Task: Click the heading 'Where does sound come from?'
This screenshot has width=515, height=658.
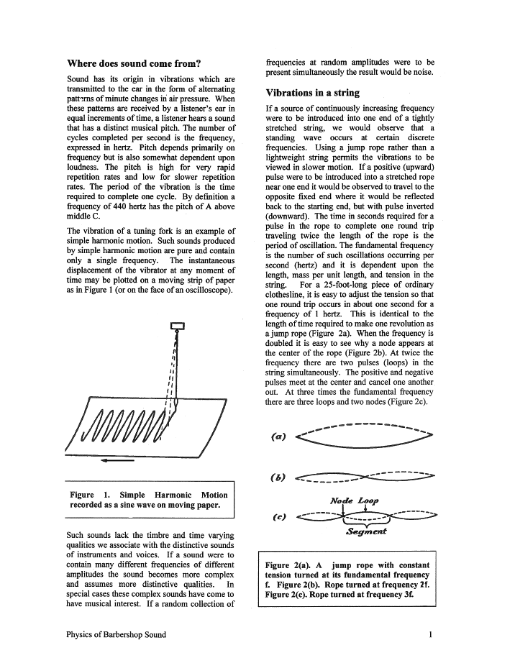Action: pos(133,63)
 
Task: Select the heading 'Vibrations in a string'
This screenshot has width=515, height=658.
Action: pos(312,93)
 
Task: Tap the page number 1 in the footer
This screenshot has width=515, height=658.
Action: pos(429,634)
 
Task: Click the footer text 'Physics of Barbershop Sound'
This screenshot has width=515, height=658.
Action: pos(116,634)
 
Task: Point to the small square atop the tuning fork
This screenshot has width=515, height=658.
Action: pos(177,326)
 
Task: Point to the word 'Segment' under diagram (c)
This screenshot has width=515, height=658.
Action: pos(365,532)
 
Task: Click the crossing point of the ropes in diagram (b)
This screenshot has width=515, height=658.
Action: pos(366,476)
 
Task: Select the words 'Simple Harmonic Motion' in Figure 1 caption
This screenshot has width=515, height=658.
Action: pos(173,495)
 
